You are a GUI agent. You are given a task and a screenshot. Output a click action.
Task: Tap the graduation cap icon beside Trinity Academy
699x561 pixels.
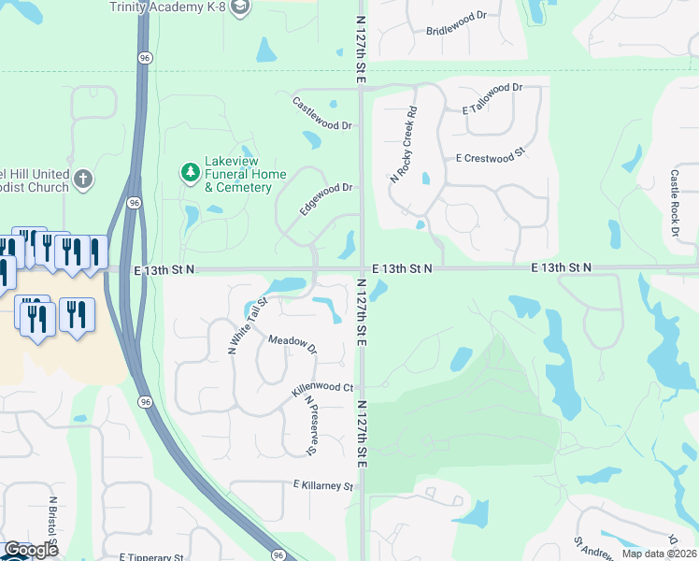point(241,7)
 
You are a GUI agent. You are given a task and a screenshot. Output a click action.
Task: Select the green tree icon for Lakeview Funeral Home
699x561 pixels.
point(190,172)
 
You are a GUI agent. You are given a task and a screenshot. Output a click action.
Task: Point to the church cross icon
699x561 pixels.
point(83,179)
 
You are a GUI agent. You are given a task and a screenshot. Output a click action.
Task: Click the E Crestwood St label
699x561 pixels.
point(493,159)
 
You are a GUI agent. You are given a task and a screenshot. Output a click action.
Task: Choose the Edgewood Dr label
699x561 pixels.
point(326,199)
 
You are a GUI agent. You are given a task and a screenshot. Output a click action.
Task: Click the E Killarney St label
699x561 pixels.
point(323,486)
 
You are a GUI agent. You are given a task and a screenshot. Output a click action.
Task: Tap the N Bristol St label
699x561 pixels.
point(55,526)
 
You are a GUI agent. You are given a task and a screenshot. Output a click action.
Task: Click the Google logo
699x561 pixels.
point(30,550)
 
